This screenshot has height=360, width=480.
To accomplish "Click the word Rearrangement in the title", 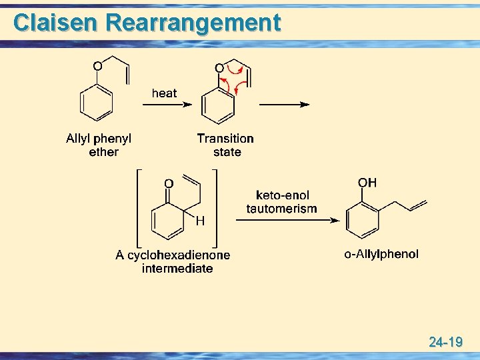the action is [193, 23].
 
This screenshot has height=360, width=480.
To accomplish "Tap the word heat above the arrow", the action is [164, 93].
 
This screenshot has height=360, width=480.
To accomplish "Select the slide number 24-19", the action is [446, 343].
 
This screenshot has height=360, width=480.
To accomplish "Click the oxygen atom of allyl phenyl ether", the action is [97, 66].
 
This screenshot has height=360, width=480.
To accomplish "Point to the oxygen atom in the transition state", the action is [219, 68].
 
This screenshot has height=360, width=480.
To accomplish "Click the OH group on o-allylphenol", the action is [367, 183].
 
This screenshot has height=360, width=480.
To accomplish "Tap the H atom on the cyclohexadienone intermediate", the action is [199, 220].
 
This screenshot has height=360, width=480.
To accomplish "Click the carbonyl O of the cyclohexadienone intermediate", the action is [169, 183].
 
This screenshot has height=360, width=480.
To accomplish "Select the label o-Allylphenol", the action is [381, 254].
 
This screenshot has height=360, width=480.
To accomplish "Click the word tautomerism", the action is [281, 209].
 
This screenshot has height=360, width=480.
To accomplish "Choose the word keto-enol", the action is [282, 195].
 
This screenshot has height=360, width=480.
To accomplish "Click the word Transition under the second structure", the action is [225, 139].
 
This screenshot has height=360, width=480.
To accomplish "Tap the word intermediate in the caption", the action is [177, 269].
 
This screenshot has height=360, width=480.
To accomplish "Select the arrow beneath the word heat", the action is [168, 105].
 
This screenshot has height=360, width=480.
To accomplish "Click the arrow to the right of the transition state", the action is [284, 105].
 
